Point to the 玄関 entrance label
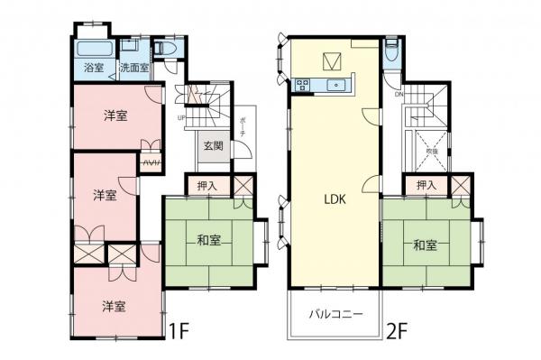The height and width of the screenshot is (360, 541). (213, 146)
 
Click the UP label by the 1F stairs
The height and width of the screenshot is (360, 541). (182, 117)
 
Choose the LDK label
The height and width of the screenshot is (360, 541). (336, 203)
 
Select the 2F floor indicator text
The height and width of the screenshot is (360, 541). (398, 332)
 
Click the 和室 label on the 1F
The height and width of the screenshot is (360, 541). (210, 241)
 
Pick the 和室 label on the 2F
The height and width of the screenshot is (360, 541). (426, 244)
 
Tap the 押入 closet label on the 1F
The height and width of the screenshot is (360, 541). (206, 186)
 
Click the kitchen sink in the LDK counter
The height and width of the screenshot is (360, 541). (335, 87)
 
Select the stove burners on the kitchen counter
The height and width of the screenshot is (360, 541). (301, 87)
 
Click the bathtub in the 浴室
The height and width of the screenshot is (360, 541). (93, 49)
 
